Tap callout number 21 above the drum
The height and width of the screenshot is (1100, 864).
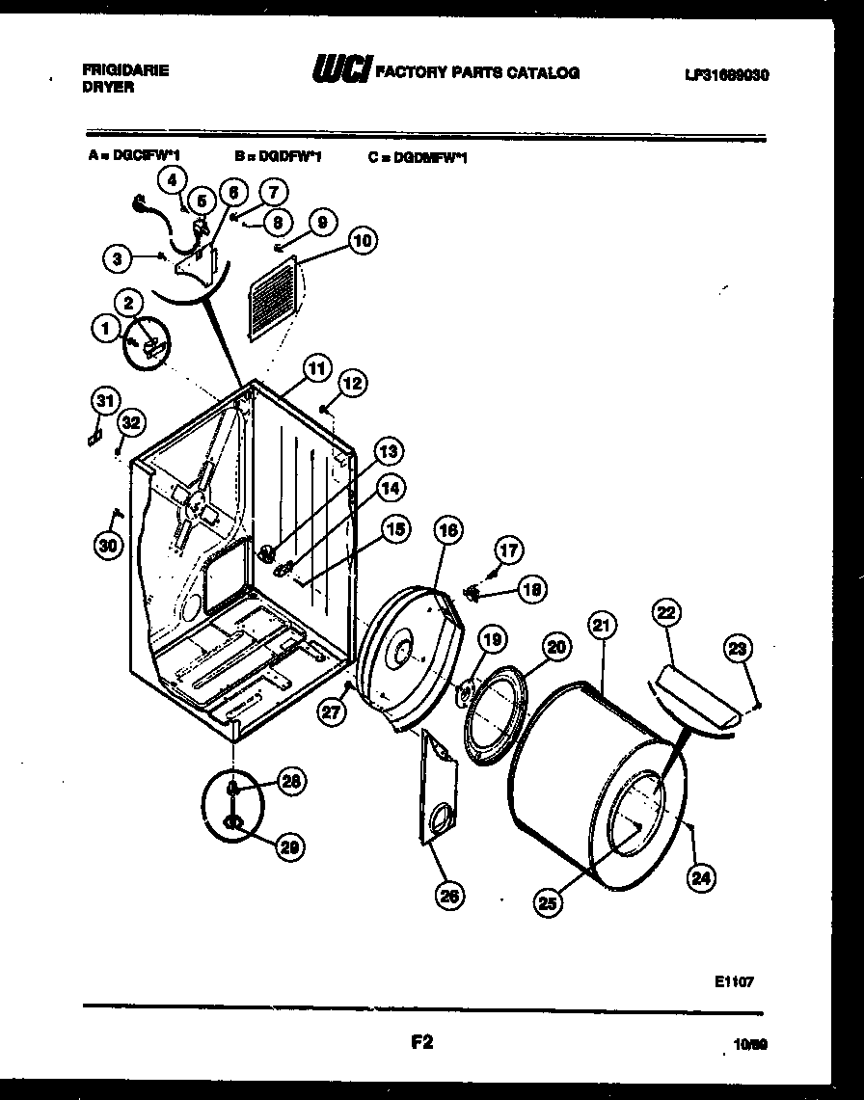pyautogui.click(x=601, y=626)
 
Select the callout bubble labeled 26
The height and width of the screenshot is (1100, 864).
pyautogui.click(x=447, y=896)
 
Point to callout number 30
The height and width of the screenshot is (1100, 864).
pyautogui.click(x=109, y=546)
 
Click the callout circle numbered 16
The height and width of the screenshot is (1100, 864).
pyautogui.click(x=447, y=529)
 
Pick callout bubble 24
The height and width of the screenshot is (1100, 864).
pyautogui.click(x=700, y=876)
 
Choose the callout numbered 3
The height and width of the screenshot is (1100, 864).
pyautogui.click(x=118, y=257)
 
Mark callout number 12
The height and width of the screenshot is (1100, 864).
pyautogui.click(x=352, y=383)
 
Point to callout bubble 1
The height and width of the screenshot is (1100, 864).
pyautogui.click(x=103, y=330)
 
